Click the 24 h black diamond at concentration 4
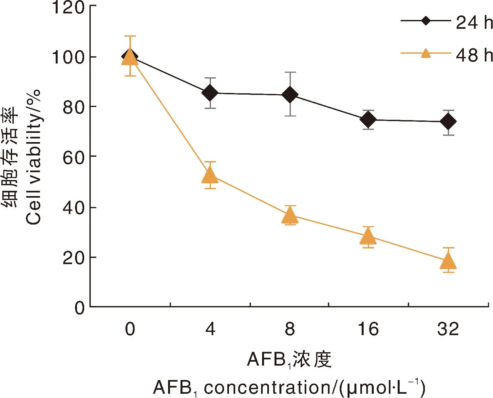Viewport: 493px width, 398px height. (210, 93)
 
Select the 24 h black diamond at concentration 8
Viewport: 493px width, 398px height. (290, 95)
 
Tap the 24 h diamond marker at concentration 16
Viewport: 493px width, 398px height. (368, 119)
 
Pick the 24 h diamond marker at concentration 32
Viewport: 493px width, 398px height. (448, 122)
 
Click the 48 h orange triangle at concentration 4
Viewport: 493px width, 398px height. (210, 176)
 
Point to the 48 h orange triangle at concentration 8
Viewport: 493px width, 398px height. (290, 216)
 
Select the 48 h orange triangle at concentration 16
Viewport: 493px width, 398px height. (368, 236)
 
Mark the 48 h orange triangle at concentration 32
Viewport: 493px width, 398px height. (448, 262)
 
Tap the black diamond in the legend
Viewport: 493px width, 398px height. (426, 21)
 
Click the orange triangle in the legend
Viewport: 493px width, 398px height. (426, 53)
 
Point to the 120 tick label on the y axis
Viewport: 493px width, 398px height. (68, 7)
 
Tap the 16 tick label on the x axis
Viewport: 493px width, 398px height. (368, 329)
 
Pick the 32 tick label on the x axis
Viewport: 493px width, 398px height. (448, 329)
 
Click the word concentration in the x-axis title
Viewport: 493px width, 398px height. (267, 388)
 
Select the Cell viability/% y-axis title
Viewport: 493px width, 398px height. (33, 157)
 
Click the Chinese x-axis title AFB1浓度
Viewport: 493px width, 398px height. (289, 359)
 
